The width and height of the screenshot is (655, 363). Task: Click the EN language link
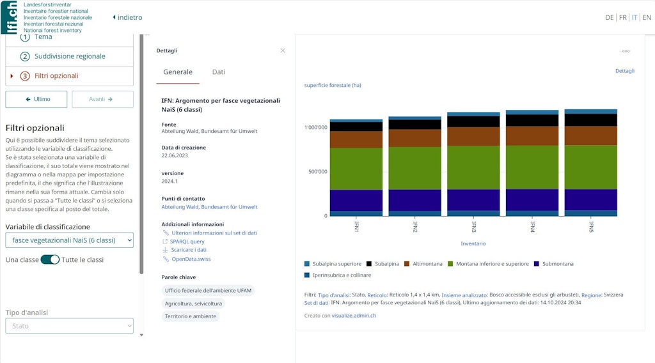[x=647, y=18]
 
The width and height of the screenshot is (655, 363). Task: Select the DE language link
[x=609, y=18]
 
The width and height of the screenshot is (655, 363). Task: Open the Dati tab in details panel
[x=219, y=72]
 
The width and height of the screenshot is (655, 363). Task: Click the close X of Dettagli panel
[x=283, y=50]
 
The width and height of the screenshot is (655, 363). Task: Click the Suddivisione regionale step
[x=70, y=56]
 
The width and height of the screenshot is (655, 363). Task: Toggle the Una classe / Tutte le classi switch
[x=50, y=259]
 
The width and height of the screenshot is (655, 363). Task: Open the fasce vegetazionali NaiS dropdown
[x=70, y=240]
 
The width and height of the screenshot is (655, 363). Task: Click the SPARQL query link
[x=187, y=242]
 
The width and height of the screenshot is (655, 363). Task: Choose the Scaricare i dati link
[x=188, y=250]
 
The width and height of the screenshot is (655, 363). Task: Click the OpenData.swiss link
[x=191, y=259]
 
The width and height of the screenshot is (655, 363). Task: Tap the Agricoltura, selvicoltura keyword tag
[x=193, y=304]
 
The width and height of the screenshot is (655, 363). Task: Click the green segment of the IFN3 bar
[x=473, y=167]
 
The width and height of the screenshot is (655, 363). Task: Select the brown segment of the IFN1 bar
[x=356, y=139]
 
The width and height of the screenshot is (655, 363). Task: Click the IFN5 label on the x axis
[x=591, y=227]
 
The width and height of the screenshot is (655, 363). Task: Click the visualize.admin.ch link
[x=354, y=316]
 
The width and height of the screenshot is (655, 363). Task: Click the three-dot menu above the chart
[x=626, y=51]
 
